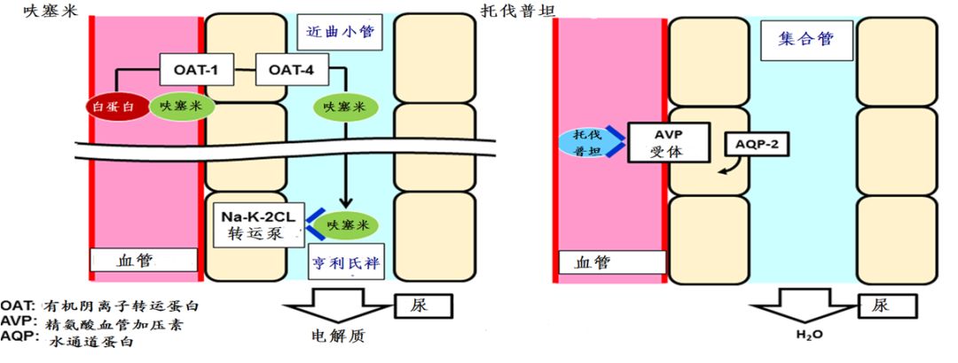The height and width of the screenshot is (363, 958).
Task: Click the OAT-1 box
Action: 197,69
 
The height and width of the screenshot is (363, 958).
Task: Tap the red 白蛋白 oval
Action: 115,106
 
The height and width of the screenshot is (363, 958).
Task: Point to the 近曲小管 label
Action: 340,32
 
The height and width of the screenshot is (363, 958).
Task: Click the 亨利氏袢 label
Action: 353,264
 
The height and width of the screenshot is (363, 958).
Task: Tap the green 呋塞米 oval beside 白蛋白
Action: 180,106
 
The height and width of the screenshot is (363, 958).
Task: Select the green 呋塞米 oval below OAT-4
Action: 345,107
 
